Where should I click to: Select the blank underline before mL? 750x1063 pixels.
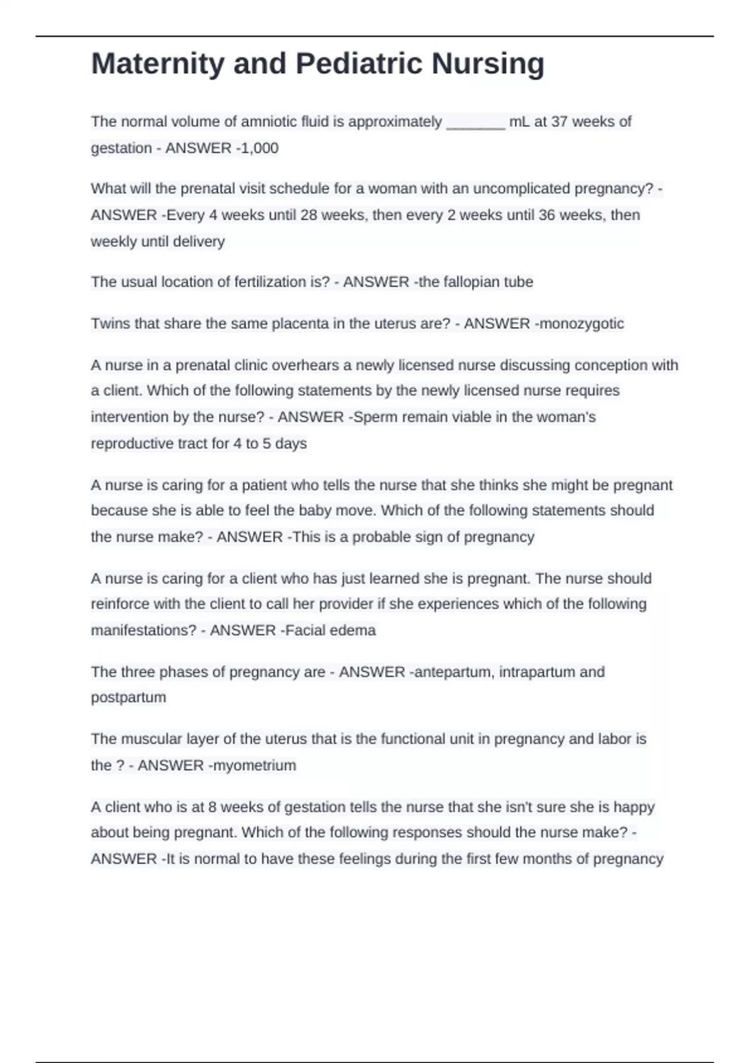[476, 123]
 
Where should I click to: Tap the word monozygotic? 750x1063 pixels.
[581, 324]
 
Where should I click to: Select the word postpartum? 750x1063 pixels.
[128, 697]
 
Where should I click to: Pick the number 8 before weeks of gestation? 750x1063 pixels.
[212, 807]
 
